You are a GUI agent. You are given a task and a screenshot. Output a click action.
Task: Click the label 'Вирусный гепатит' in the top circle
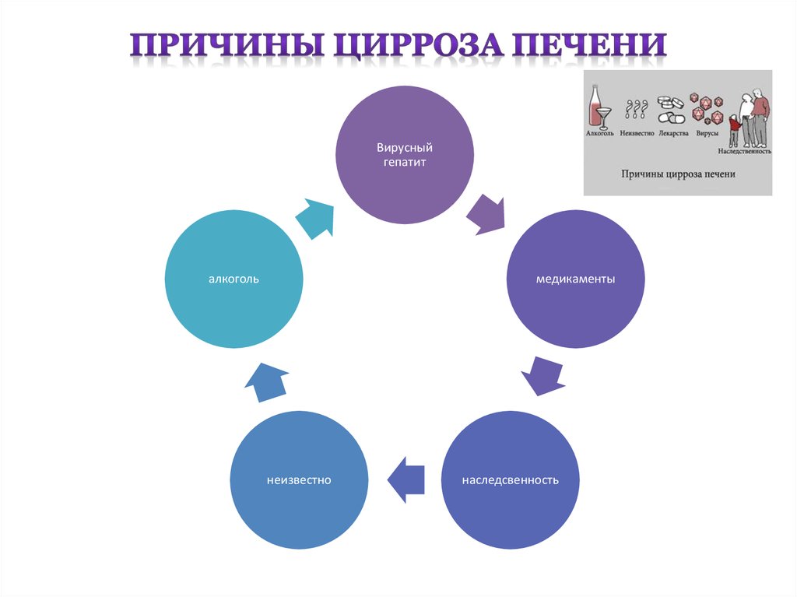pyautogui.click(x=404, y=154)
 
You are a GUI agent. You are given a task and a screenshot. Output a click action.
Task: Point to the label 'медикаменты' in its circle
pyautogui.click(x=576, y=279)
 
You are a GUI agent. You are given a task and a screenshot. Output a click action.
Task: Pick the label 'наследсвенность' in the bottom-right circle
pyautogui.click(x=510, y=479)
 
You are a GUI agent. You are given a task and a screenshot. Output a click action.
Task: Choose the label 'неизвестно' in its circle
pyautogui.click(x=297, y=479)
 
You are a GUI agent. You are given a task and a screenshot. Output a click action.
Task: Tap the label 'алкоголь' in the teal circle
pyautogui.click(x=233, y=279)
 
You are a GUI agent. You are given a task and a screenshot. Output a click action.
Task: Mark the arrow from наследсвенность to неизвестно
pyautogui.click(x=406, y=478)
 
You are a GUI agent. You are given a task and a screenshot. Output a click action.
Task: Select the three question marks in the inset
pyautogui.click(x=636, y=111)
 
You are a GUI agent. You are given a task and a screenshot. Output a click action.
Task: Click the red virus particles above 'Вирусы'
pyautogui.click(x=707, y=110)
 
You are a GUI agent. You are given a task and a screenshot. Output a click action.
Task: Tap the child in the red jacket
pyautogui.click(x=734, y=128)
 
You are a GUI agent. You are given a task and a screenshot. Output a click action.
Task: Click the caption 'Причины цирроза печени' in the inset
pyautogui.click(x=677, y=174)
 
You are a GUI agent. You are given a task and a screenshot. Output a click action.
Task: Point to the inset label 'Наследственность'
pyautogui.click(x=745, y=152)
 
